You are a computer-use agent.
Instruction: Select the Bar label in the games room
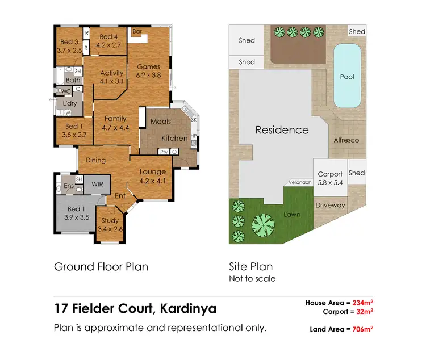tap(137, 32)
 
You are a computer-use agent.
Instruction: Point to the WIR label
tap(97, 184)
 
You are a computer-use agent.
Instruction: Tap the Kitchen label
tap(174, 138)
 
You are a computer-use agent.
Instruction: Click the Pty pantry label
tap(164, 152)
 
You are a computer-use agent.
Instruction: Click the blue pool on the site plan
tap(346, 77)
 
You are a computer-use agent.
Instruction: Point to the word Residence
tap(282, 130)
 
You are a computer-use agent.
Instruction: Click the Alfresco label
tap(346, 140)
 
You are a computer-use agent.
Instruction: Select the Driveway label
tap(330, 205)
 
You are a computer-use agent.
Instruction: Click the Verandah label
tap(299, 183)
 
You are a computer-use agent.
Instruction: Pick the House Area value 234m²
tap(361, 303)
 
